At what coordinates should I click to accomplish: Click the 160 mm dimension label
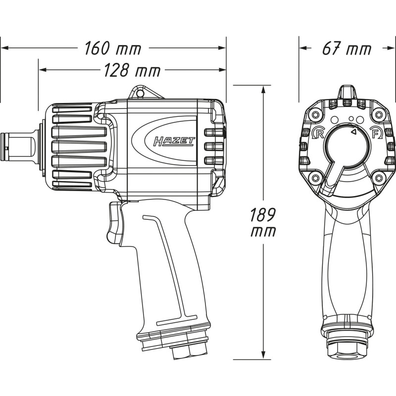click(113, 48)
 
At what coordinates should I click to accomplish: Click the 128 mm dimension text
click(132, 70)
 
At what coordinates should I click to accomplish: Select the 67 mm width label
click(347, 48)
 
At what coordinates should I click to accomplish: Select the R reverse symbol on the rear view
click(318, 133)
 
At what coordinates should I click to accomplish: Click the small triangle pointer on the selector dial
click(354, 131)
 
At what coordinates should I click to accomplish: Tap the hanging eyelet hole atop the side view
click(138, 93)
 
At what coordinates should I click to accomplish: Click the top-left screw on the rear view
click(315, 115)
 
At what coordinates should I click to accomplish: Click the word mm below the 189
click(263, 232)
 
